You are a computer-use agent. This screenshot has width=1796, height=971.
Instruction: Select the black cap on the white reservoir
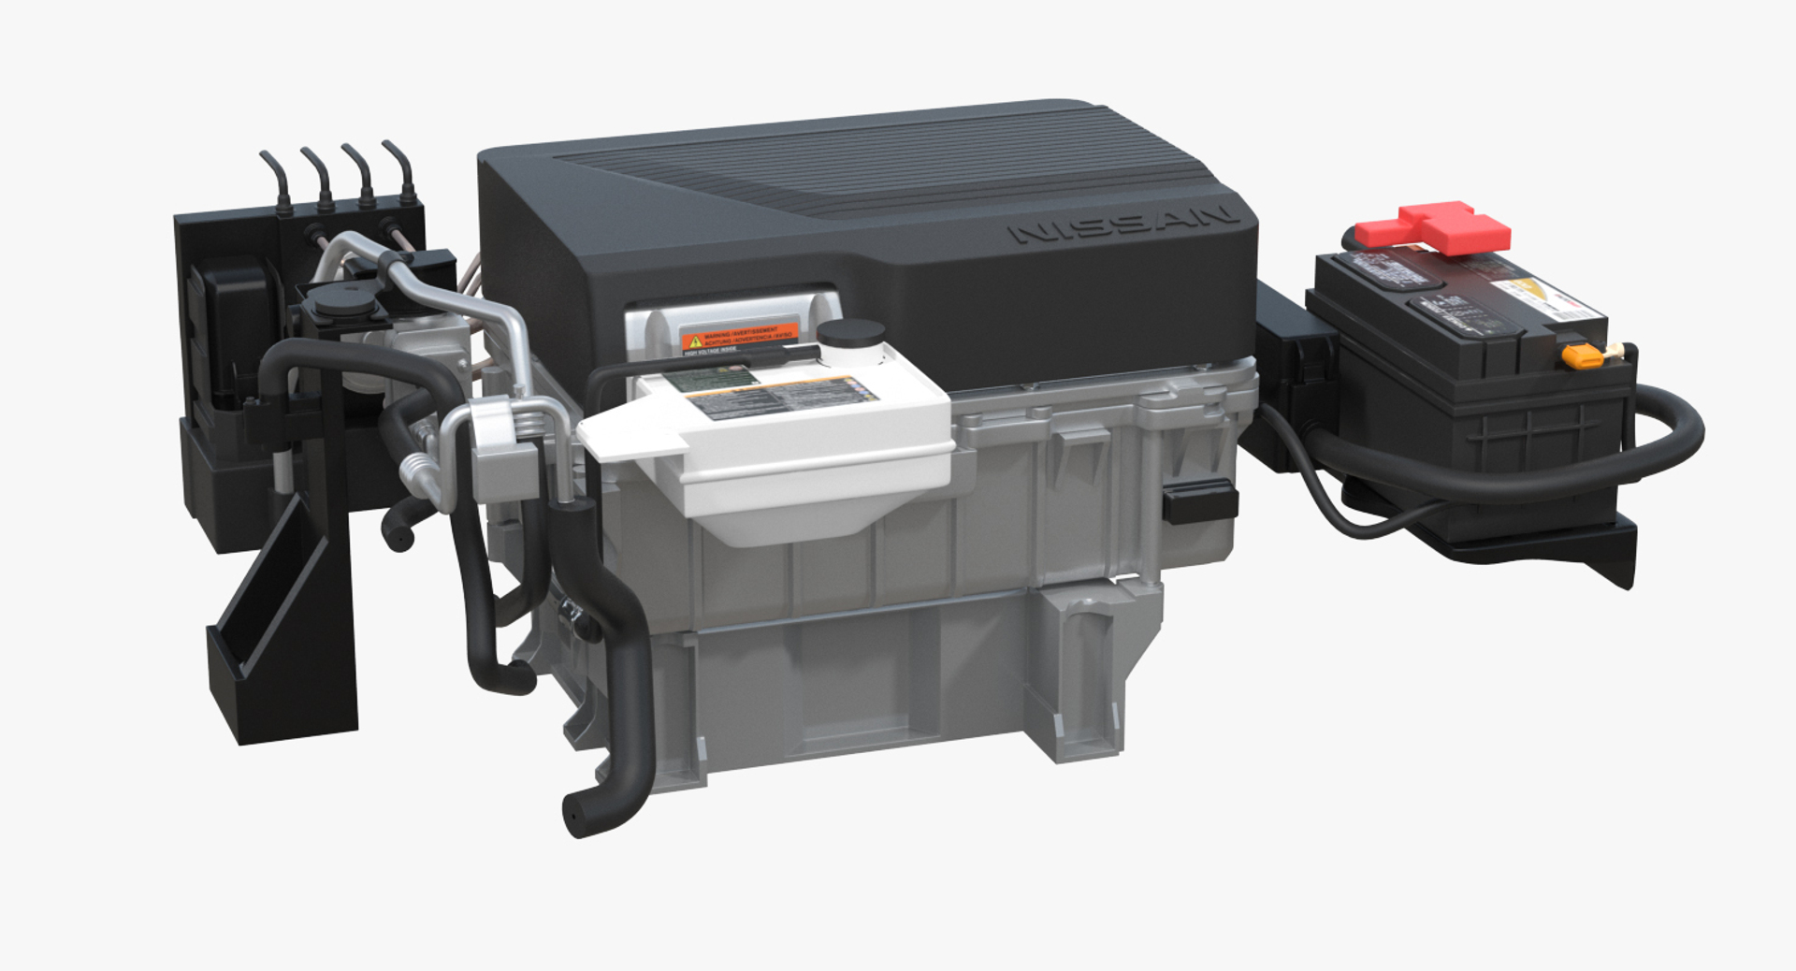point(850,333)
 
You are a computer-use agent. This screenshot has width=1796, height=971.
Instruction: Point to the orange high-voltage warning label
point(740,338)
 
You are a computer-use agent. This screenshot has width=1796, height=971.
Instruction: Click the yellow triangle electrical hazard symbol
point(694,342)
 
